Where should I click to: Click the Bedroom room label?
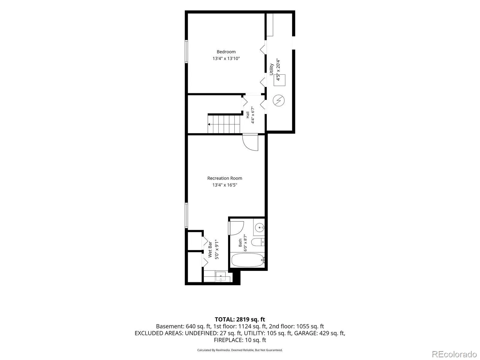point(226,52)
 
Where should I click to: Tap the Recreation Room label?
point(225,178)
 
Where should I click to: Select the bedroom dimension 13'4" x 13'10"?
point(226,58)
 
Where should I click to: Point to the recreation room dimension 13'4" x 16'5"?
point(225,185)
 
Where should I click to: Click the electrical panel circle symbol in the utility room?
point(279,101)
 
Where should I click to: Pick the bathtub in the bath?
point(248,260)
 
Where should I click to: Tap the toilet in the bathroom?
point(258,242)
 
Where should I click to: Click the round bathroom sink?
point(259,227)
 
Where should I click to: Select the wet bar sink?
point(220,277)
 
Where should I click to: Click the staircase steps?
point(224,124)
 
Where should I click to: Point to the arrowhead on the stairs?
point(209,124)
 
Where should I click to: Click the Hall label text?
point(247,115)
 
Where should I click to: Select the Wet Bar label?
point(210,249)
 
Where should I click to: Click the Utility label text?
point(271,69)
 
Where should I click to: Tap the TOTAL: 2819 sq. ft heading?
point(240,319)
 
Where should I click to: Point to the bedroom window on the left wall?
point(186,52)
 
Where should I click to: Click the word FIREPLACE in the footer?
point(228,340)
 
